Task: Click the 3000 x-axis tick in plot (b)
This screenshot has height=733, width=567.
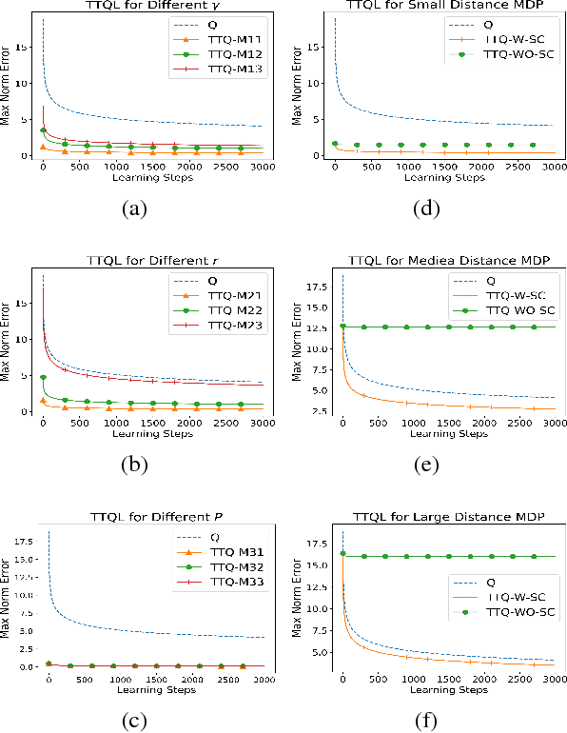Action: coord(264,422)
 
